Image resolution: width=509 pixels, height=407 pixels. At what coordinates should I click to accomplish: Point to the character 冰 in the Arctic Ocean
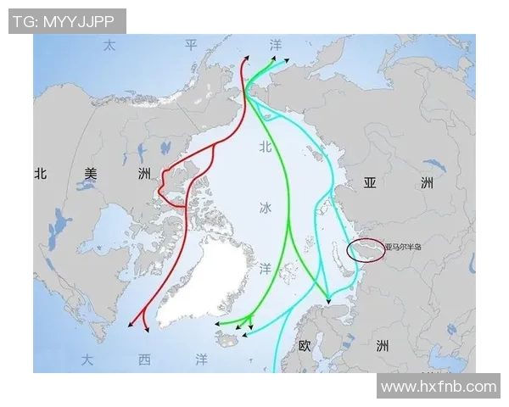tap(266, 208)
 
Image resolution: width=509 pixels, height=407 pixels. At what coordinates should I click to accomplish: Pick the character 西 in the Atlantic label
tap(144, 360)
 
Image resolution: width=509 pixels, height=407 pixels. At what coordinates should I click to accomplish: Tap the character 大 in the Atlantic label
tap(87, 360)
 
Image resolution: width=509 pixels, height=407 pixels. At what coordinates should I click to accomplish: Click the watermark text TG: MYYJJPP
tap(67, 21)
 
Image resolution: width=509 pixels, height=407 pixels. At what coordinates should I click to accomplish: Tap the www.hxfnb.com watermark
tap(438, 386)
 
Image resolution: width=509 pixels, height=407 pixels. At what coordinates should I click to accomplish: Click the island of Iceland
tap(229, 339)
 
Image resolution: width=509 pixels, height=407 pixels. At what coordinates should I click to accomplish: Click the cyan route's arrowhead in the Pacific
tap(286, 61)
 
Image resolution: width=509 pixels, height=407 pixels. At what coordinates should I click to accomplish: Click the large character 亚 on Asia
tap(370, 183)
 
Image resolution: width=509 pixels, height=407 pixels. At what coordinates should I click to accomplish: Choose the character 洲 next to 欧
tap(383, 346)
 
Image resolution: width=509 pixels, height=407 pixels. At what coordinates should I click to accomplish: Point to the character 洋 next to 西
tap(201, 360)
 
